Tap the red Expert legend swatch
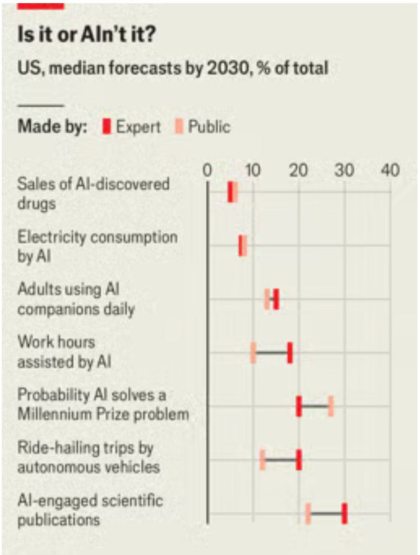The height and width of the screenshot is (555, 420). click(106, 127)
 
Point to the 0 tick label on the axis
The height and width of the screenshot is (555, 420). click(208, 171)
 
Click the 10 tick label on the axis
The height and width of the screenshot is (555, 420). click(253, 171)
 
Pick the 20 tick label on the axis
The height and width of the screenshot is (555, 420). click(299, 171)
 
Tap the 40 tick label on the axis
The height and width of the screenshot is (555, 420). click(390, 171)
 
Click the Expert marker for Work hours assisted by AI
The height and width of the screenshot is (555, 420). click(290, 353)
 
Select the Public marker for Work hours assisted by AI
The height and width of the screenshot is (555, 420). click(254, 353)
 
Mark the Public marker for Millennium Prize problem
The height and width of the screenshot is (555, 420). click(331, 406)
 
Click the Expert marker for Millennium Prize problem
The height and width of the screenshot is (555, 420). click(299, 406)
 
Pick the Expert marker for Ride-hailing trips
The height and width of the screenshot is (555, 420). click(299, 460)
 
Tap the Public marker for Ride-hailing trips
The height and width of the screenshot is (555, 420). click(263, 460)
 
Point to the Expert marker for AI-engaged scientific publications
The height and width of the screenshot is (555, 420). click(344, 514)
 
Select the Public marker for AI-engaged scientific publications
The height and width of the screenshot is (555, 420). click(308, 514)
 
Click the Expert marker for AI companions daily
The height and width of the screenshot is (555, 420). click(276, 299)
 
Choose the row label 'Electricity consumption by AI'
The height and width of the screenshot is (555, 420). click(97, 246)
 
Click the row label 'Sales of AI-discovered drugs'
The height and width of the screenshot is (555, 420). click(93, 193)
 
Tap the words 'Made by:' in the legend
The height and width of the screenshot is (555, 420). click(52, 127)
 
